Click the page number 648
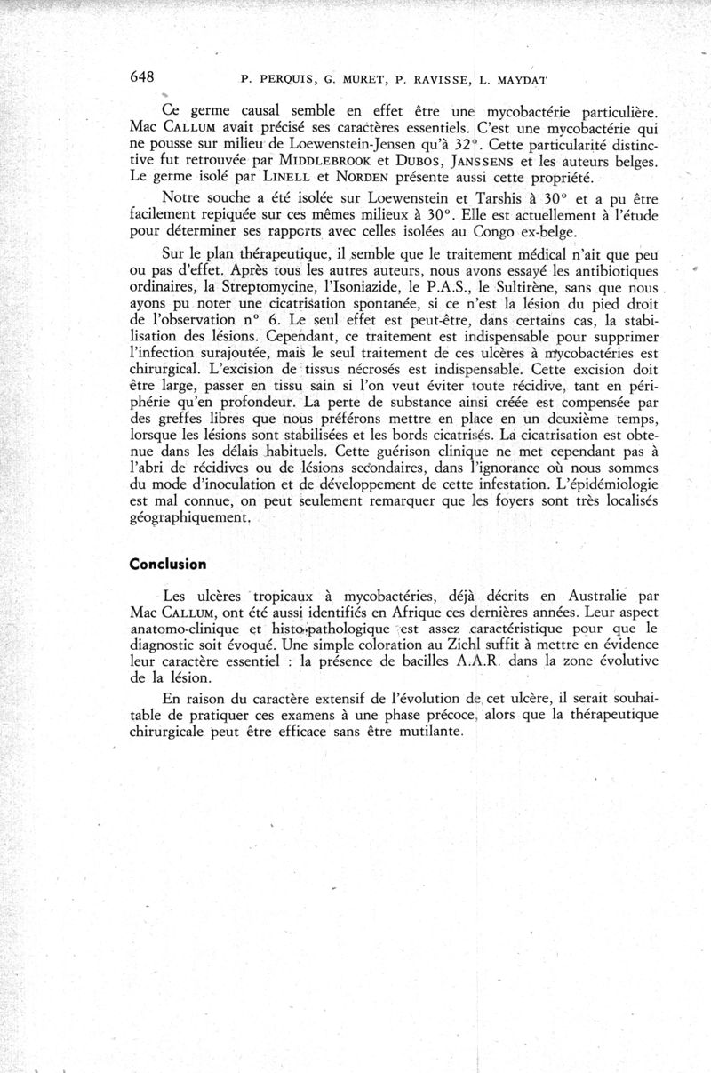[x=143, y=77]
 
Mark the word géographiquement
[x=189, y=517]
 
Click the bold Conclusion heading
[x=168, y=564]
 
